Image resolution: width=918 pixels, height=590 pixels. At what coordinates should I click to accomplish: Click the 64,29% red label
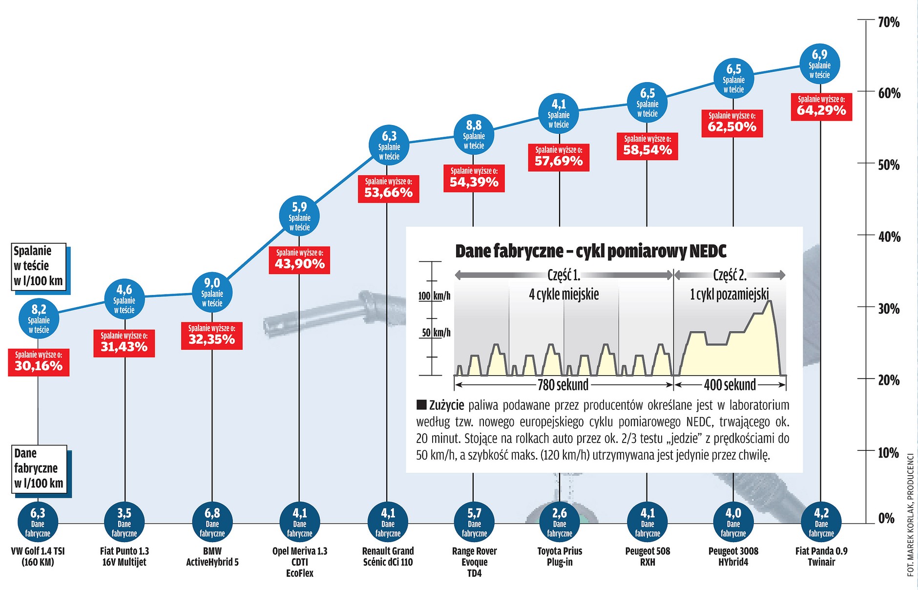pyautogui.click(x=821, y=106)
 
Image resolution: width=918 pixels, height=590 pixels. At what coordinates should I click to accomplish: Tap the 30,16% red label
pyautogui.click(x=39, y=362)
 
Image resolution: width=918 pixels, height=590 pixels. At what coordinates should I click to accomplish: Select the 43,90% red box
pyautogui.click(x=299, y=260)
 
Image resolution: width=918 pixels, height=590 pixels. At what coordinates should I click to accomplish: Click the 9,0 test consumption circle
pyautogui.click(x=212, y=293)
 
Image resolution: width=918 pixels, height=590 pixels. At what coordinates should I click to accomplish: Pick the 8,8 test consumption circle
pyautogui.click(x=474, y=135)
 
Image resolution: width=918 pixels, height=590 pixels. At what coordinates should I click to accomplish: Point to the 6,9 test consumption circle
pyautogui.click(x=819, y=64)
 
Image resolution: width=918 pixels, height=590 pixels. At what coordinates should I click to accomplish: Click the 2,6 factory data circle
pyautogui.click(x=560, y=523)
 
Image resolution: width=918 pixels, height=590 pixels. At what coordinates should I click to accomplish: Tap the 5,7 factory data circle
pyautogui.click(x=474, y=523)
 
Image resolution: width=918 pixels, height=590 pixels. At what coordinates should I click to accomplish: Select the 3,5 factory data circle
pyautogui.click(x=125, y=523)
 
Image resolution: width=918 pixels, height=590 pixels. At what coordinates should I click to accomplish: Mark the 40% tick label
pyautogui.click(x=888, y=237)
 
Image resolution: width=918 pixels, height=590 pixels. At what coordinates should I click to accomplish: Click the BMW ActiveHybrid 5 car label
pyautogui.click(x=212, y=556)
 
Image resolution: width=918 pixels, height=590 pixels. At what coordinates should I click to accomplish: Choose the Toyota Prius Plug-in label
pyautogui.click(x=560, y=556)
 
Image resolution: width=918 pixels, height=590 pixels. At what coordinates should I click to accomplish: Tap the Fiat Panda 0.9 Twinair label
pyautogui.click(x=821, y=556)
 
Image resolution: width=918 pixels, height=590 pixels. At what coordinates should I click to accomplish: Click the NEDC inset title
pyautogui.click(x=590, y=251)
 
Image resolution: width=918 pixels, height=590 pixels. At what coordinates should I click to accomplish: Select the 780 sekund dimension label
pyautogui.click(x=563, y=385)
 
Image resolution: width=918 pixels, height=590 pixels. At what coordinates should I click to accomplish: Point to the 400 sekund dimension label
pyautogui.click(x=730, y=385)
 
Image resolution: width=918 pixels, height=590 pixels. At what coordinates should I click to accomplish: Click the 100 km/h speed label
pyautogui.click(x=434, y=296)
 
